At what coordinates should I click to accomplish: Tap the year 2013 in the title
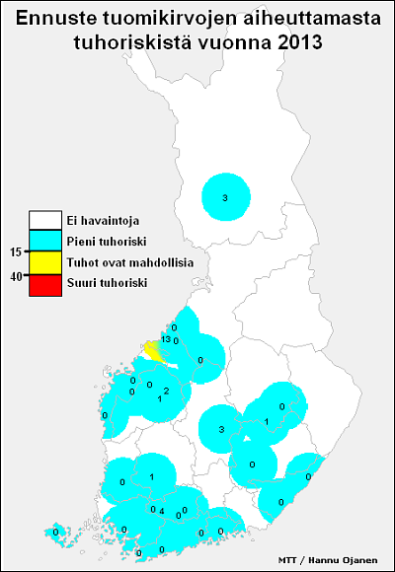297,42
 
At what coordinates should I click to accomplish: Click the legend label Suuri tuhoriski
106,284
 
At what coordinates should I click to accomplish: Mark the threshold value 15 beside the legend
16,252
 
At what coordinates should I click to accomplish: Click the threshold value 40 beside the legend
16,274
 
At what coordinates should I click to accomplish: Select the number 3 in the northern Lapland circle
225,198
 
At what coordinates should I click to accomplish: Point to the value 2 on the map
166,391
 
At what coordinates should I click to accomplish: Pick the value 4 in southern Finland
161,510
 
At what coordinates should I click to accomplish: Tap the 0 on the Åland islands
56,533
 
